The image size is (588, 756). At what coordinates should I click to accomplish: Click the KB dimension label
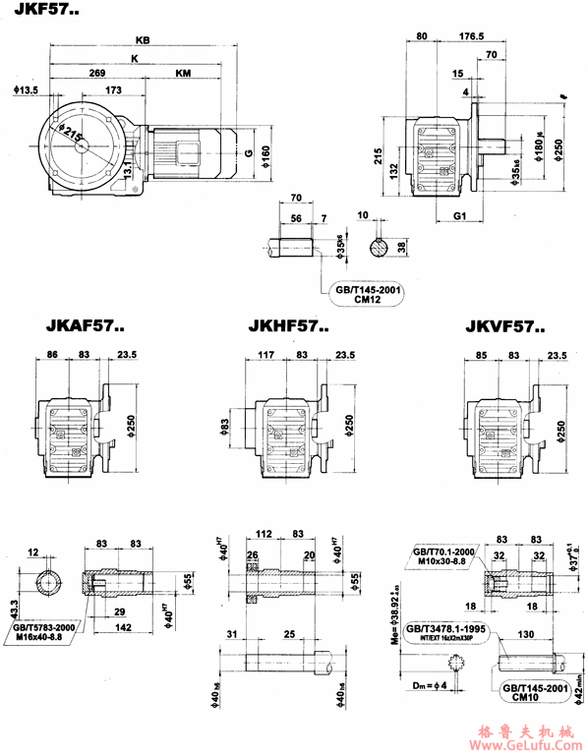point(144,41)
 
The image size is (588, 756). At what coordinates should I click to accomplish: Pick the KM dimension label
point(184,74)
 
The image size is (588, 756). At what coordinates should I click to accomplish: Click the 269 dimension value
point(97,74)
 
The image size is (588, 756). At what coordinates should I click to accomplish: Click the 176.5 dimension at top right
point(473,36)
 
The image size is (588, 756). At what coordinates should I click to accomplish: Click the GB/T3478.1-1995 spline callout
point(448,630)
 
